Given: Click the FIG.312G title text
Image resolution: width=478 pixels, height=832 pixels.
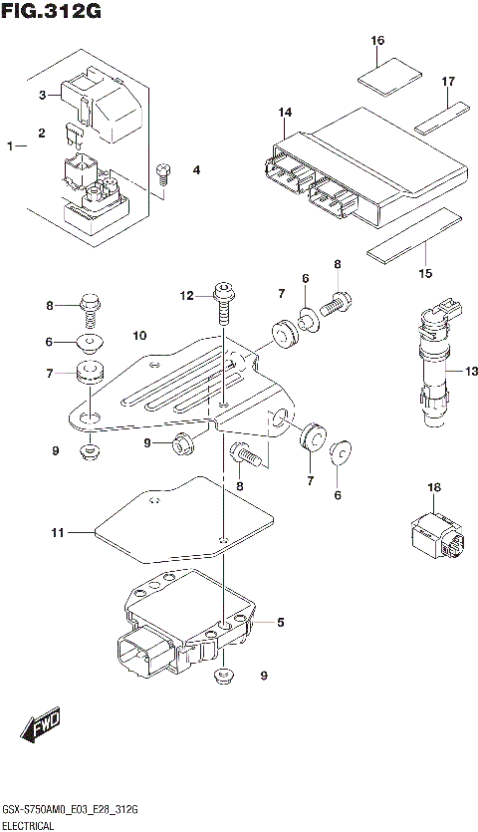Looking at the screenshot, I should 51,11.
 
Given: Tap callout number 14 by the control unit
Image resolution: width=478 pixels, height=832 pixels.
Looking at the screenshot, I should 285,112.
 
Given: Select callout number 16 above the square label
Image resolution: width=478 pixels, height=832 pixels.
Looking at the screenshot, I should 377,41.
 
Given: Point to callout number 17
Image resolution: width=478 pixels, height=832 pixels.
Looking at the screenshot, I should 448,81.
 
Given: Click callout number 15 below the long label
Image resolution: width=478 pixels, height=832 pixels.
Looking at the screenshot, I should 425,273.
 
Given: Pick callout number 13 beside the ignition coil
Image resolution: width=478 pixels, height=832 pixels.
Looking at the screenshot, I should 456,371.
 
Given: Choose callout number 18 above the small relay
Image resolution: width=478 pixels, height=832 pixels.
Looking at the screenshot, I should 433,487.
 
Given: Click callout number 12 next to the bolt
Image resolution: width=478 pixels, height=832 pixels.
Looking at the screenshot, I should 185,295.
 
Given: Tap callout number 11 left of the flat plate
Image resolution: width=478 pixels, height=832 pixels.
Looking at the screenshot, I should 57,533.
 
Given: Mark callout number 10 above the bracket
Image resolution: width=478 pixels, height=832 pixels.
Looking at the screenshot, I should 139,335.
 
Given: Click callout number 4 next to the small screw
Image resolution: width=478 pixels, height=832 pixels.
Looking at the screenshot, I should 196,170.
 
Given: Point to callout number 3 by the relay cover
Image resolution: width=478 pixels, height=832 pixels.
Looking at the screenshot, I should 43,96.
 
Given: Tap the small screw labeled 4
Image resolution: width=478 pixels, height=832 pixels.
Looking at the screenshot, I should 164,172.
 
